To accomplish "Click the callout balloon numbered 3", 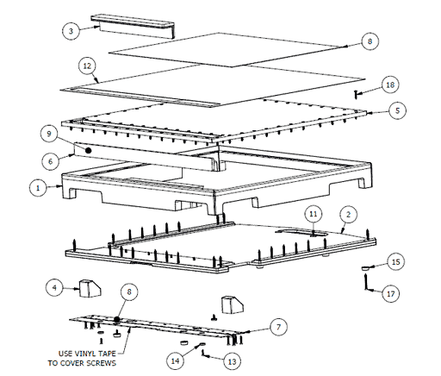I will (71, 31).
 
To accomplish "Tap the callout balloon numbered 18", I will (390, 85).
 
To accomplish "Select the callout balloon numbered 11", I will (314, 212).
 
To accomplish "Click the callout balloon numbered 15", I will (395, 260).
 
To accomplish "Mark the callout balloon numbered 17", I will (392, 294).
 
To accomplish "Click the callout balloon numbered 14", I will (176, 360).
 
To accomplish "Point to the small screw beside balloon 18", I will (356, 91).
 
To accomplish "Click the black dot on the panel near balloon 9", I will (87, 147).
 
